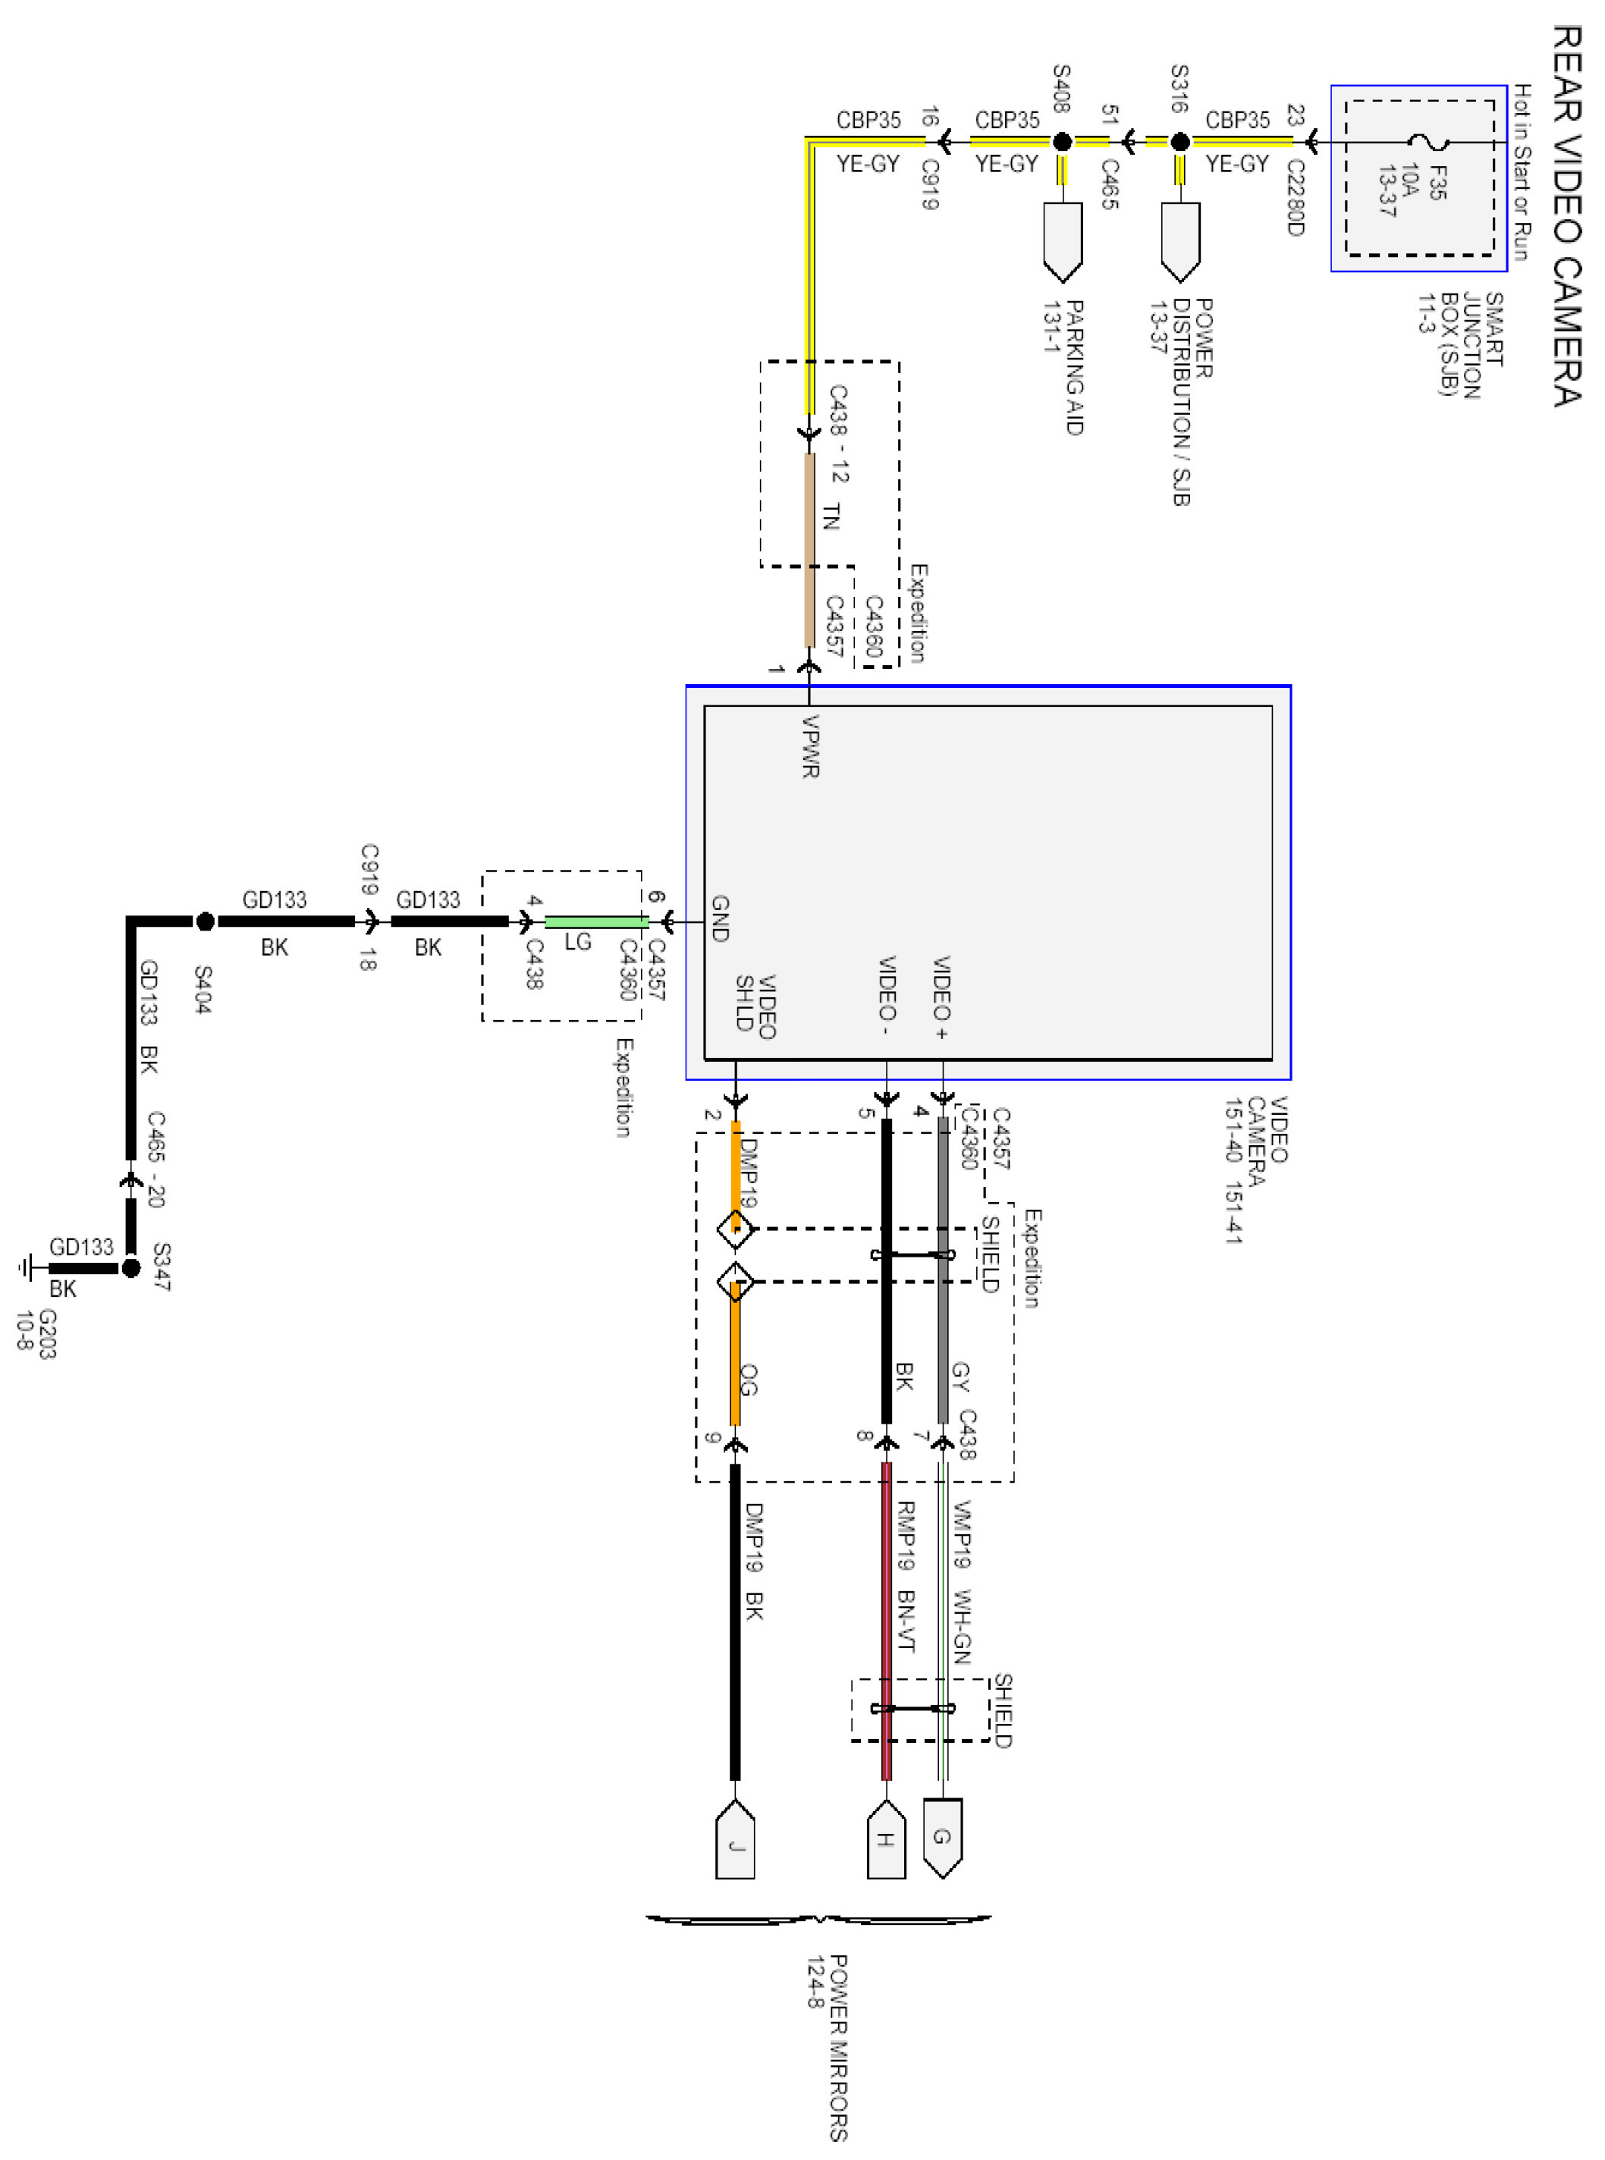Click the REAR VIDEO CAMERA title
(x=1566, y=215)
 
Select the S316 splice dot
(x=1179, y=143)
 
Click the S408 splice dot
(x=1062, y=143)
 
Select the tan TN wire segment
(x=809, y=549)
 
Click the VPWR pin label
(x=812, y=746)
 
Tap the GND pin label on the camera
(x=720, y=918)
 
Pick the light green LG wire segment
(x=595, y=921)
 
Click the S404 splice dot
(x=205, y=921)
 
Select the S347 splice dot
(x=131, y=1268)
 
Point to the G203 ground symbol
(x=27, y=1268)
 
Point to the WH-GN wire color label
(x=961, y=1626)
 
